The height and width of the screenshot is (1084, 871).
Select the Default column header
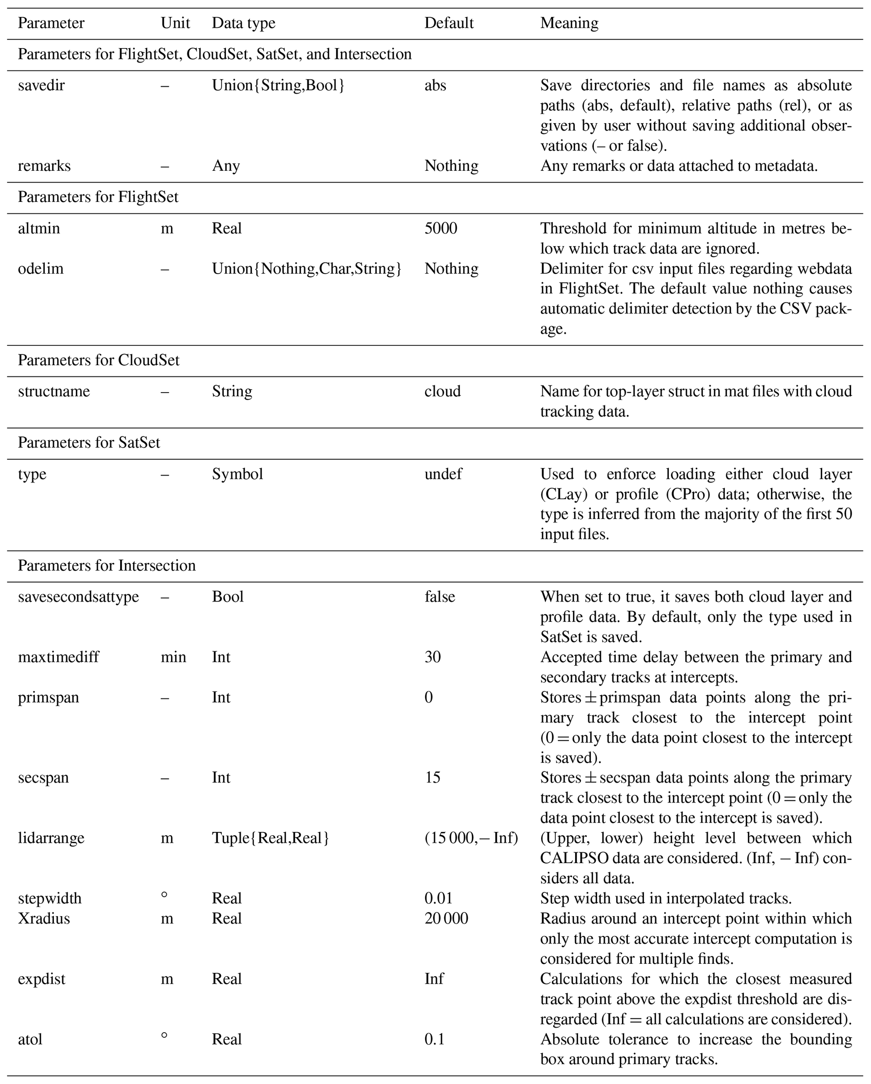pyautogui.click(x=448, y=23)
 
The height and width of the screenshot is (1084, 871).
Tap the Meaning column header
pyautogui.click(x=569, y=23)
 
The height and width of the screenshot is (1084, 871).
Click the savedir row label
pyautogui.click(x=41, y=86)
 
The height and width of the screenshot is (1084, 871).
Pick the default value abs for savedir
pyautogui.click(x=435, y=86)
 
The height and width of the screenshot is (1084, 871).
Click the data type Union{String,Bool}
pyautogui.click(x=278, y=86)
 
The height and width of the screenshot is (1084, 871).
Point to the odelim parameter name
pyautogui.click(x=41, y=269)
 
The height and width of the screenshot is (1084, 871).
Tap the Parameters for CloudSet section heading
pyautogui.click(x=99, y=360)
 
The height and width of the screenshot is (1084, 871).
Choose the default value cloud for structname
pyautogui.click(x=442, y=392)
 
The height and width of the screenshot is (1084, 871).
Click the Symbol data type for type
pyautogui.click(x=237, y=474)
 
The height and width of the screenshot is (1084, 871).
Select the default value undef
pyautogui.click(x=443, y=474)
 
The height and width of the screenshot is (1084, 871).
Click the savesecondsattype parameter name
pyautogui.click(x=78, y=597)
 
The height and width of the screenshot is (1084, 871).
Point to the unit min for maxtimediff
pyautogui.click(x=173, y=657)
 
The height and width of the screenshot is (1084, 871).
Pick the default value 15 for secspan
pyautogui.click(x=432, y=778)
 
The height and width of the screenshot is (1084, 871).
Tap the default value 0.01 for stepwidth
pyautogui.click(x=438, y=898)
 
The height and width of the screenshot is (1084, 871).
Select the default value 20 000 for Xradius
pyautogui.click(x=446, y=919)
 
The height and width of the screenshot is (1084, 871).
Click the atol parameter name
pyautogui.click(x=30, y=1039)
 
